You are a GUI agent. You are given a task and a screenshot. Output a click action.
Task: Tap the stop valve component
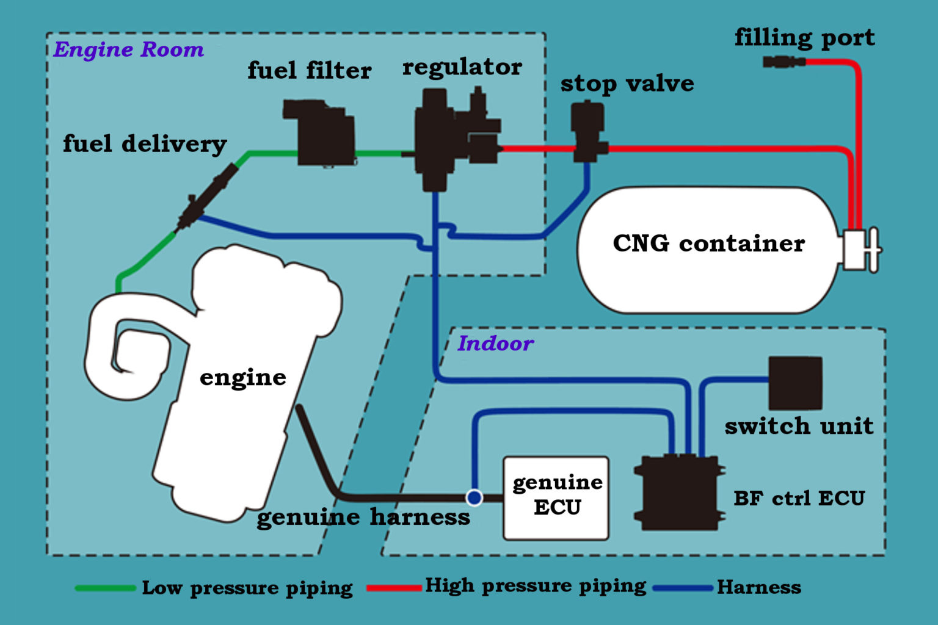pyautogui.click(x=587, y=132)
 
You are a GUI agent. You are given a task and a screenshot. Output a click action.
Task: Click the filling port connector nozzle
pyautogui.click(x=783, y=62)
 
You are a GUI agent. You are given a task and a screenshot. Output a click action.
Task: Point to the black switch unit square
pyautogui.click(x=794, y=383)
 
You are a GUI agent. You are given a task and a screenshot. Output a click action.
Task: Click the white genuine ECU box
pyautogui.click(x=556, y=498)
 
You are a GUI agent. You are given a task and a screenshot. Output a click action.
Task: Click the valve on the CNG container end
pyautogui.click(x=861, y=249)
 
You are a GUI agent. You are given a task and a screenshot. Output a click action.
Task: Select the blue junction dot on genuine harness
pyautogui.click(x=474, y=497)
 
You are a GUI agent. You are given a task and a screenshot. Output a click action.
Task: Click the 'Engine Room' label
pyautogui.click(x=128, y=49)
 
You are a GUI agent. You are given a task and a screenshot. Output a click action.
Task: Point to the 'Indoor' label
pyautogui.click(x=495, y=343)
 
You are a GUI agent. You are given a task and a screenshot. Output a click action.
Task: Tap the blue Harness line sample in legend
pyautogui.click(x=683, y=588)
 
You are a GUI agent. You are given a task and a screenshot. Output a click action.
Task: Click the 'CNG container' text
pyautogui.click(x=708, y=243)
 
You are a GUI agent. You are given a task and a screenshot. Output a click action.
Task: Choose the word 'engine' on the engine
pyautogui.click(x=242, y=377)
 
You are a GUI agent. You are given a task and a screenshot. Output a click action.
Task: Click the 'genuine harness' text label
pyautogui.click(x=363, y=517)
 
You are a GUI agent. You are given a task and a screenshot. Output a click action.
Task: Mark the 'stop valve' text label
pyautogui.click(x=627, y=84)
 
